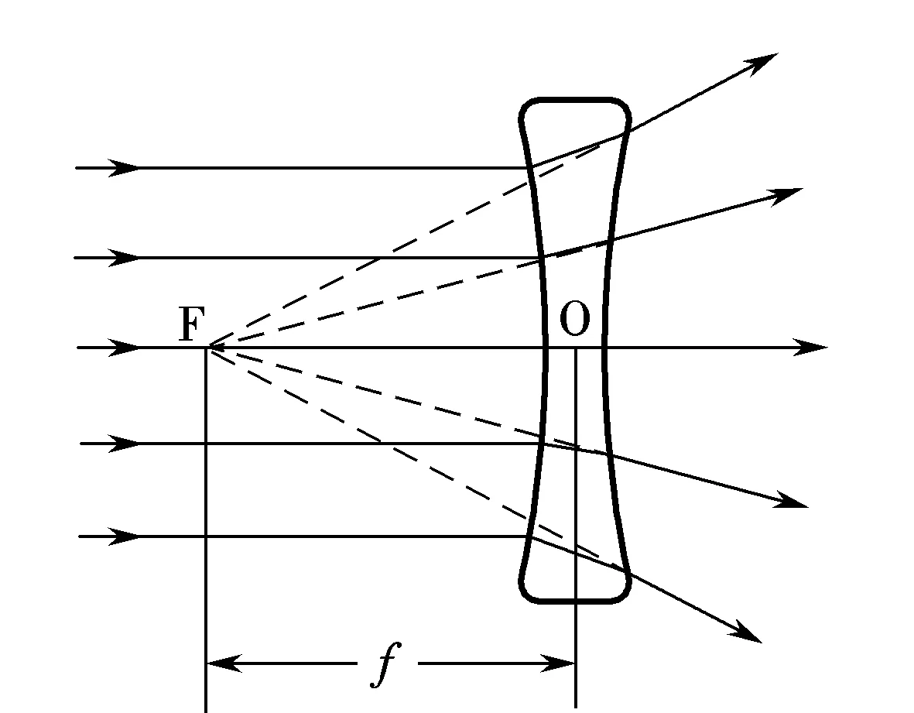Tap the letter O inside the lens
[x=575, y=319]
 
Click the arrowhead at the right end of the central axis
[x=811, y=348]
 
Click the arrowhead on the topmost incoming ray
[x=125, y=168]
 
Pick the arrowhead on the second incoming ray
[x=125, y=257]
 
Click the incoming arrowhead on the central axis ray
[x=125, y=348]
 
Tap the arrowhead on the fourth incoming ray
[x=125, y=444]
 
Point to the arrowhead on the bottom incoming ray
[x=125, y=536]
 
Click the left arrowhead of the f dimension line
[x=224, y=663]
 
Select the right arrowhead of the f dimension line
[x=558, y=663]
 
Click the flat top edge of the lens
[x=574, y=100]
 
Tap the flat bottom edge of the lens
[x=574, y=601]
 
